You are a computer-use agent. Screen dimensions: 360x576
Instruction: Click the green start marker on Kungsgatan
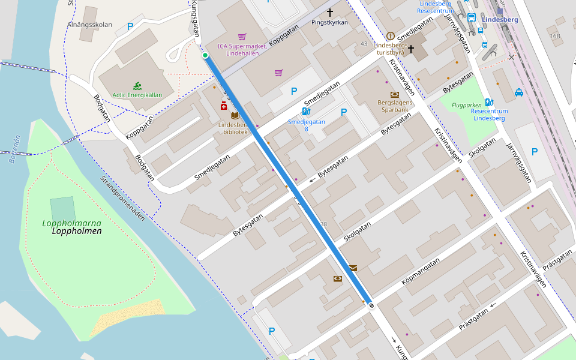tap(205, 55)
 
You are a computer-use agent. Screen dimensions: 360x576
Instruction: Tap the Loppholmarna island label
tap(71, 224)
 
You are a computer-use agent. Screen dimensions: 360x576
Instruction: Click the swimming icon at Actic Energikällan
tap(137, 86)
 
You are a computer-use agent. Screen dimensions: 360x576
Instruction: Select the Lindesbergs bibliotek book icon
tap(235, 115)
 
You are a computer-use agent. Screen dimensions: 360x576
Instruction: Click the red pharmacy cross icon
tap(224, 106)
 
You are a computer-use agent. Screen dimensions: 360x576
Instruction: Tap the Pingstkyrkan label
tap(329, 22)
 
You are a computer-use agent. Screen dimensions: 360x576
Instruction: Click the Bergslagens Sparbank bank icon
tap(394, 94)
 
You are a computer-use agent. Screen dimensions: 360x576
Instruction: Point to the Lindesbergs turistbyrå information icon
tap(391, 36)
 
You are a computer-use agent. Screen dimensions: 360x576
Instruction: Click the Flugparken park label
tap(467, 104)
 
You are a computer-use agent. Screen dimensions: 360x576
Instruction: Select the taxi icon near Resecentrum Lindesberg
tap(519, 92)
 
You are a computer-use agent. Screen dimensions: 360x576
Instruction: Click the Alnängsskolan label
tap(91, 25)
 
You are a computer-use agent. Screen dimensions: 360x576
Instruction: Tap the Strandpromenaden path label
tap(122, 199)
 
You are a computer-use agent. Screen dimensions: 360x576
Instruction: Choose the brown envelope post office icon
tap(352, 268)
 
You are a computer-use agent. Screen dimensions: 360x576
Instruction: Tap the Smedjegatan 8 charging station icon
tap(306, 112)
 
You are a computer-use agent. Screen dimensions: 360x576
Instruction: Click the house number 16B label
tap(554, 36)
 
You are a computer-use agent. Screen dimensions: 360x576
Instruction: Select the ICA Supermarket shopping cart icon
tap(242, 37)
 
